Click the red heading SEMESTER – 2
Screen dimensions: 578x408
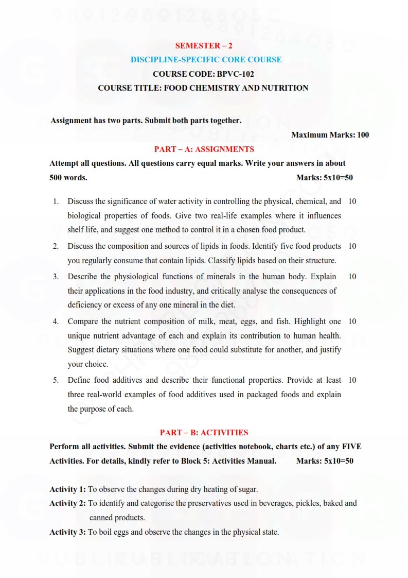[203, 46]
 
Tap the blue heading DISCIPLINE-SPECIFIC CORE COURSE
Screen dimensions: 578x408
[206, 60]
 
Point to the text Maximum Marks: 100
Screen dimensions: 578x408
[330, 135]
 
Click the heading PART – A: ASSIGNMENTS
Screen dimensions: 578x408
[204, 149]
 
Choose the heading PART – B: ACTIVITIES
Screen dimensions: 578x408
[204, 433]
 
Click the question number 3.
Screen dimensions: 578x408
[56, 277]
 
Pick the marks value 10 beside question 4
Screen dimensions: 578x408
[352, 321]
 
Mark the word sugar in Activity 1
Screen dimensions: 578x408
[247, 489]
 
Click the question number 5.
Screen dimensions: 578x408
[56, 380]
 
